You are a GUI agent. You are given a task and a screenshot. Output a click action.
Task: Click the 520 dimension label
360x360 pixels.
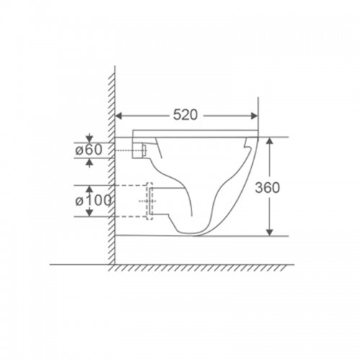click(x=185, y=114)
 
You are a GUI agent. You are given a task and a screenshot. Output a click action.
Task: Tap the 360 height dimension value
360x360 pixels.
click(x=267, y=187)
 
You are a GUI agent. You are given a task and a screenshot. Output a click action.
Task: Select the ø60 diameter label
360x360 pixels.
click(x=89, y=150)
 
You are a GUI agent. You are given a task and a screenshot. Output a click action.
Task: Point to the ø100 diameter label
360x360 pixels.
click(x=94, y=201)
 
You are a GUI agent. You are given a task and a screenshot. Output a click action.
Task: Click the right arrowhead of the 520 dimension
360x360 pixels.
click(x=254, y=116)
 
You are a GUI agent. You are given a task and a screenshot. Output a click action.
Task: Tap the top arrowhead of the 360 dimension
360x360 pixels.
click(x=270, y=141)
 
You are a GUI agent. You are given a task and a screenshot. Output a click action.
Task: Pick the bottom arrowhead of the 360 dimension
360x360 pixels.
click(x=270, y=233)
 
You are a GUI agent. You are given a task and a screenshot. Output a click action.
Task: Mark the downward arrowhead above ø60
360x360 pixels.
click(x=89, y=139)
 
